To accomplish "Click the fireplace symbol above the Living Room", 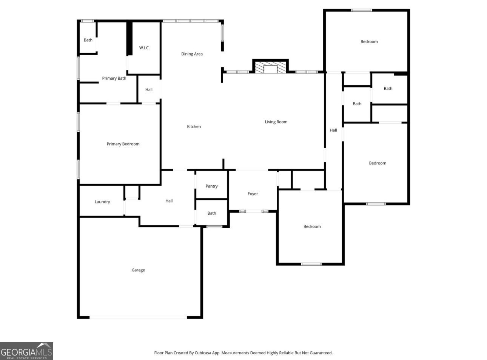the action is click(270, 66).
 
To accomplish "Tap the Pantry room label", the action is click(211, 186).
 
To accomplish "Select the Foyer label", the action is click(253, 194).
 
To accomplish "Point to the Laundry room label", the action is click(102, 202).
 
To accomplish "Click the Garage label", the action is click(138, 270).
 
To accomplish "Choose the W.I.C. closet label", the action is click(144, 48).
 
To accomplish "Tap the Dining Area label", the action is click(192, 54).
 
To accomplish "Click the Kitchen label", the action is click(194, 126).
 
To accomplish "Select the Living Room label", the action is click(276, 122).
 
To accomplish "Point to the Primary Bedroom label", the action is click(123, 144).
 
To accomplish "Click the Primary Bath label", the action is click(114, 78).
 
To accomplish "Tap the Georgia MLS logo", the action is click(26, 351).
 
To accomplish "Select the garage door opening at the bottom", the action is click(138, 317).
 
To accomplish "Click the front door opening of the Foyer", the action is click(254, 211).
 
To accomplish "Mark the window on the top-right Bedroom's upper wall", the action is click(361, 10).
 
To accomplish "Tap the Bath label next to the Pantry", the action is click(212, 213).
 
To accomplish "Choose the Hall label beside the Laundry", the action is click(169, 201).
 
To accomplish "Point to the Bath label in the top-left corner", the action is click(88, 40).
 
